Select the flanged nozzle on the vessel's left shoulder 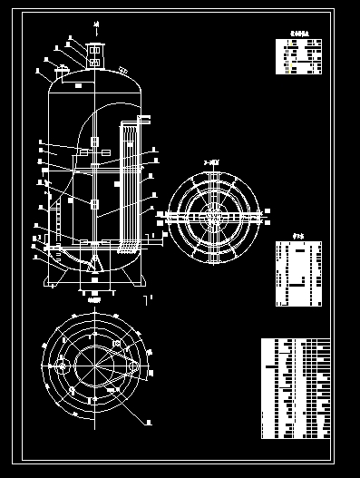click(x=62, y=70)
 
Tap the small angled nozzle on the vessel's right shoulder click(x=122, y=70)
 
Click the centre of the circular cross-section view click(x=213, y=218)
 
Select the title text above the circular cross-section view click(x=212, y=162)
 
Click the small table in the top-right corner click(x=298, y=56)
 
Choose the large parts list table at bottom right click(x=296, y=388)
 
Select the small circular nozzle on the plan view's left click(x=61, y=365)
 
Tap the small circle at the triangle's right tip click(x=134, y=365)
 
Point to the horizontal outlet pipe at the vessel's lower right click(x=154, y=239)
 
